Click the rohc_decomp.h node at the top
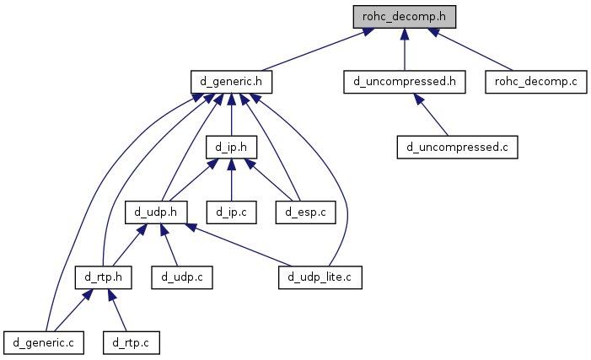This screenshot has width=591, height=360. (405, 16)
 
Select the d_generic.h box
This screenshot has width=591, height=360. (231, 82)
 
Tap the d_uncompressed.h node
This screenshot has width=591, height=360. (405, 82)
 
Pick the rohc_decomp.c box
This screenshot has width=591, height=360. (534, 82)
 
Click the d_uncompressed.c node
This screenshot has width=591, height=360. (456, 147)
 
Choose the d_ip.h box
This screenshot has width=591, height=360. (231, 147)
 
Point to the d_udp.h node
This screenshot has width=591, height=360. (156, 212)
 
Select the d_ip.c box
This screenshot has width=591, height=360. (231, 212)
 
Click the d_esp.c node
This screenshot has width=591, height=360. (304, 212)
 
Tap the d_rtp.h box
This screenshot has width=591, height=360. (104, 277)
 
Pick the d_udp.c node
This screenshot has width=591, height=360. (182, 277)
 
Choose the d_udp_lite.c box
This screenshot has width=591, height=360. (320, 277)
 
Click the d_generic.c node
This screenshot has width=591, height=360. (44, 341)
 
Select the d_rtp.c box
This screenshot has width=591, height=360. (131, 341)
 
